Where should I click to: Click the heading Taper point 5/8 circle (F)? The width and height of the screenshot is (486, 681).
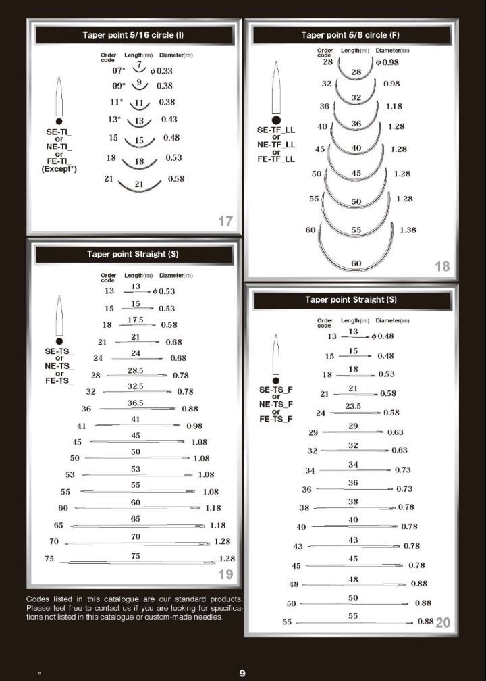[355, 34]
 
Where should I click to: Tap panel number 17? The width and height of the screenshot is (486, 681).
[225, 220]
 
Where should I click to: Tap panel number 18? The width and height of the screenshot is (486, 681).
[442, 266]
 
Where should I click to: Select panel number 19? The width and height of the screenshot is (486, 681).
[225, 574]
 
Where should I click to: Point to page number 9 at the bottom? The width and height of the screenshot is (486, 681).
[242, 673]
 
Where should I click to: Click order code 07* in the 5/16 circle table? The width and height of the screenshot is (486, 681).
[119, 70]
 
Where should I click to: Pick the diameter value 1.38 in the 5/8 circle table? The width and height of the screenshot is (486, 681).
[408, 230]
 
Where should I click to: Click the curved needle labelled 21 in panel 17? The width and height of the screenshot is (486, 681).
[140, 184]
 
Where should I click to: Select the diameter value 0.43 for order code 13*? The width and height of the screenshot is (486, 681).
[169, 120]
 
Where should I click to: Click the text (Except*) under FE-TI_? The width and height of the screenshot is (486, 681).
[59, 169]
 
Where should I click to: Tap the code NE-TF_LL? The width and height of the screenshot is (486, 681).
[276, 145]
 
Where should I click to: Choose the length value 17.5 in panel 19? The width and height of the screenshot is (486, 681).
[136, 320]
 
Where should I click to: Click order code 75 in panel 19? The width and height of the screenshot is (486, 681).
[49, 559]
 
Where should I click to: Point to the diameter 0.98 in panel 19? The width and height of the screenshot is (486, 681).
[194, 426]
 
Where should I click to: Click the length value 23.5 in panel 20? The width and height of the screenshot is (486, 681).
[353, 407]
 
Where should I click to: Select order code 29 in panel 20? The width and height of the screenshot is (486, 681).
[313, 432]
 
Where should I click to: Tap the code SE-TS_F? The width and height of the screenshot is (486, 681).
[276, 390]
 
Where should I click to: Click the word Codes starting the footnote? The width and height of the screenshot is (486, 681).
[38, 599]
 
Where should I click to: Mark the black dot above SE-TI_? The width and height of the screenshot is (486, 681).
[59, 121]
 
